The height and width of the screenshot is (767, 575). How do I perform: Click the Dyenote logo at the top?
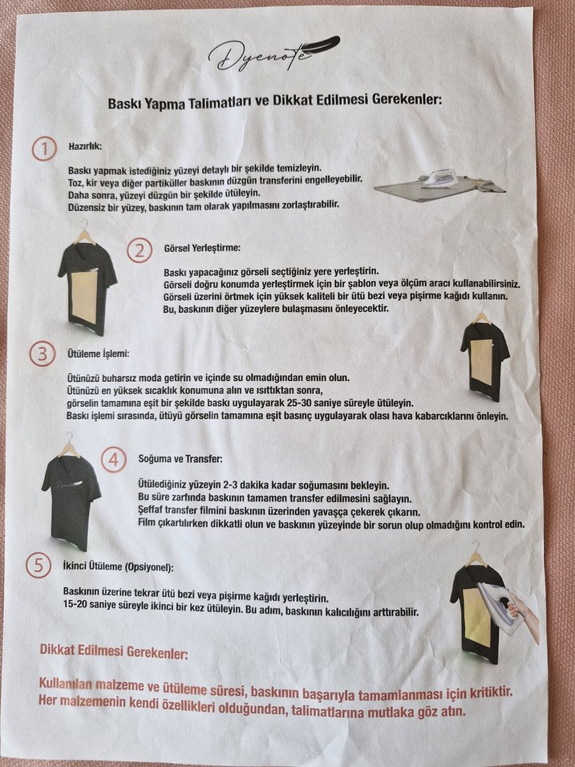(x=273, y=53)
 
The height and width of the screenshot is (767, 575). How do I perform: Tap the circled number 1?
(x=44, y=148)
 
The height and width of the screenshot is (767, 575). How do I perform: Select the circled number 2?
(x=140, y=250)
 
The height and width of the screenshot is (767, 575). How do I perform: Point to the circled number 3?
(x=42, y=354)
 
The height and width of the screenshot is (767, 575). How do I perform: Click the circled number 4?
(x=113, y=460)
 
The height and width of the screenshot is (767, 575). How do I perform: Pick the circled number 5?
(x=38, y=566)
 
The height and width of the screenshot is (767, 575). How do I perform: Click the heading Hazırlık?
(x=85, y=146)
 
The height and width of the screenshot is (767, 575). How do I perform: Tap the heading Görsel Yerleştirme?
(x=202, y=248)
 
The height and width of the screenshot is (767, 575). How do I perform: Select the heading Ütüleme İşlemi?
(x=99, y=353)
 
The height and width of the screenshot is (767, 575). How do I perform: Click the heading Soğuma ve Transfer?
(x=180, y=459)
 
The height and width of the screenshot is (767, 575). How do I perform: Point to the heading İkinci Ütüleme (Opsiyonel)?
(x=119, y=567)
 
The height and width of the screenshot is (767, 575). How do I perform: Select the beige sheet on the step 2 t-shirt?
(x=84, y=297)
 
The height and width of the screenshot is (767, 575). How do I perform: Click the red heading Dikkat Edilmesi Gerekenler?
(x=113, y=651)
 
